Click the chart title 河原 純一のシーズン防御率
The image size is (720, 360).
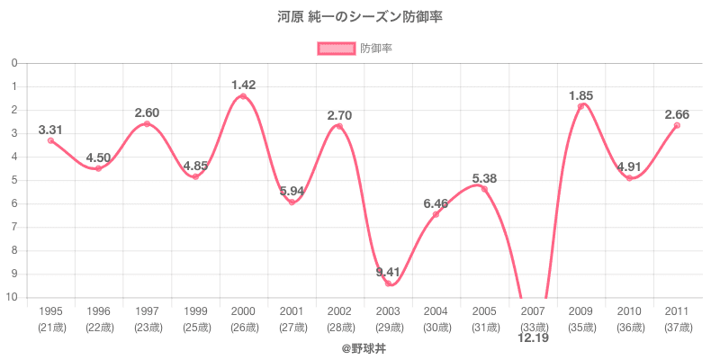360,17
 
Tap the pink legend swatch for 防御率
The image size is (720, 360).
336,49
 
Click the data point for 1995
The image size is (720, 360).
50,140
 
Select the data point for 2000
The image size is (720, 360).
243,96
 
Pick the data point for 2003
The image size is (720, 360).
388,283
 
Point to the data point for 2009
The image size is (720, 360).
580,106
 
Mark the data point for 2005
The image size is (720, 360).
484,189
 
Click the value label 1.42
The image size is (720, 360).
243,85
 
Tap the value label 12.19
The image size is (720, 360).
533,338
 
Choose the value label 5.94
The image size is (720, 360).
292,191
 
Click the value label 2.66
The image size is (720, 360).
677,114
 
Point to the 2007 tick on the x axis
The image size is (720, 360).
533,311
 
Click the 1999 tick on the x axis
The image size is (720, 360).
195,311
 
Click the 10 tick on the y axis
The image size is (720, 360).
13,297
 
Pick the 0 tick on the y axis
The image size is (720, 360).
15,63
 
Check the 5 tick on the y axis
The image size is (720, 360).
15,180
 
